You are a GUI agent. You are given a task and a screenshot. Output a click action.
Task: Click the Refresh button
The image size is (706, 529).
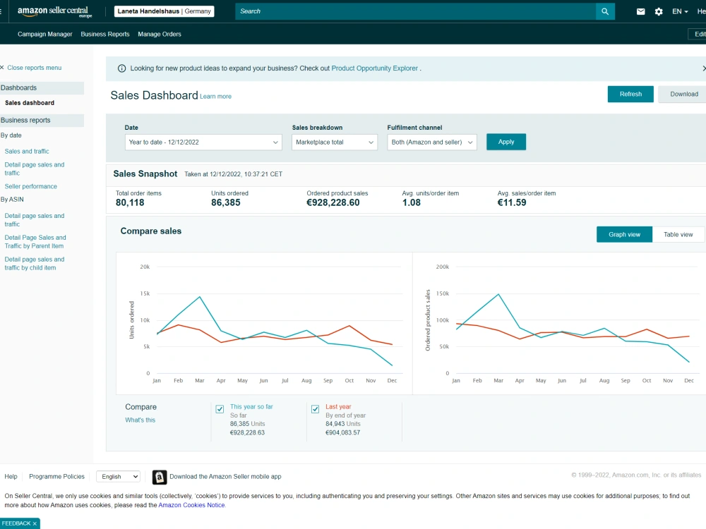tap(630, 94)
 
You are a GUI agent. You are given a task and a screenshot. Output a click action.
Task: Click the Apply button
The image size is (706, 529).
tap(505, 142)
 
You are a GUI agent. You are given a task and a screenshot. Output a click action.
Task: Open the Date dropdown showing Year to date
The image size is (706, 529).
tap(203, 142)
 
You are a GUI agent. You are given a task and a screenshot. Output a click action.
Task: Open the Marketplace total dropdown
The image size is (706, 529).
tap(334, 142)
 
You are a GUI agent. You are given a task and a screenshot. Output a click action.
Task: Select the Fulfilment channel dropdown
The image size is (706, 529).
tap(431, 142)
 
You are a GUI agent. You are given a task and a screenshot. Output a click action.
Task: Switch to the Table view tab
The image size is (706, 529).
tap(678, 234)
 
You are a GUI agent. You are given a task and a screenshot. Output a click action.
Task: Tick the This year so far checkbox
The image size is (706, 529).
tap(220, 409)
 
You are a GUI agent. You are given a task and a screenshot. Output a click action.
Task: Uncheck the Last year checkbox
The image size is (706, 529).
tap(315, 409)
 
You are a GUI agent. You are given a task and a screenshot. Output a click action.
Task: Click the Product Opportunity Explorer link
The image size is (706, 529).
tap(375, 68)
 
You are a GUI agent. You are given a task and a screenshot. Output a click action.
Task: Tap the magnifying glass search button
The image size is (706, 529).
tap(605, 11)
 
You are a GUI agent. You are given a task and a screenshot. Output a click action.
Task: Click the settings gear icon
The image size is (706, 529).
tap(658, 12)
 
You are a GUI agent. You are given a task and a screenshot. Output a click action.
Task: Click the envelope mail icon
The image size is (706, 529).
tap(640, 12)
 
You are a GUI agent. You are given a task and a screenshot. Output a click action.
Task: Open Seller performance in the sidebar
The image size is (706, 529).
tap(30, 186)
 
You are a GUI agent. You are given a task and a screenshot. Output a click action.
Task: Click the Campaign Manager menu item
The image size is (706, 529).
tap(44, 34)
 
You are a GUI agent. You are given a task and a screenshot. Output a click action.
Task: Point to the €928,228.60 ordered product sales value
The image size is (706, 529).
tap(333, 202)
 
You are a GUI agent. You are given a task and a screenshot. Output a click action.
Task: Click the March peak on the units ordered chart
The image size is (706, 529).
tap(200, 297)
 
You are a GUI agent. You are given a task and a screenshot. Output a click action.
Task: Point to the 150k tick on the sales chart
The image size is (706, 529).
tap(443, 293)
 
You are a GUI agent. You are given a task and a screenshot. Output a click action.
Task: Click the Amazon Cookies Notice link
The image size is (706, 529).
tap(191, 505)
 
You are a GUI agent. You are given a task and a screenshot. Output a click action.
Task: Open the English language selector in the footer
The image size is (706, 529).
tap(119, 476)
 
